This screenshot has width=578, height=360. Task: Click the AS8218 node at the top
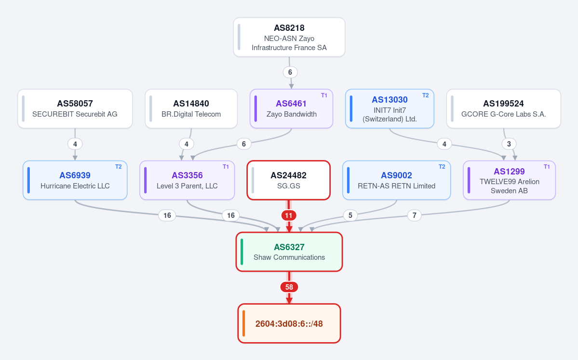pos(289,37)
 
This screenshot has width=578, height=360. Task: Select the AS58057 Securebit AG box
pos(75,109)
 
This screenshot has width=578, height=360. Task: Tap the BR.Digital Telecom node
pos(191,109)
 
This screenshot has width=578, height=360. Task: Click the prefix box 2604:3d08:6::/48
pos(289,323)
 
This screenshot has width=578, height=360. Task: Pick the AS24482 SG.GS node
pos(289,180)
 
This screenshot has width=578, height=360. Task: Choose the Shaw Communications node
pos(289,252)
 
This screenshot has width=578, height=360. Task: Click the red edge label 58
pos(289,287)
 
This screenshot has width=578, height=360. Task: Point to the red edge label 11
pos(289,215)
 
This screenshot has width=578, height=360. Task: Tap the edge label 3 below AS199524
pos(509,144)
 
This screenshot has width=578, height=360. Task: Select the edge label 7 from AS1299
pos(414,215)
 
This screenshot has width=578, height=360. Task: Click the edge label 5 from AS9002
pos(350,215)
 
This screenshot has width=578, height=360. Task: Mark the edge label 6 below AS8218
pos(290,72)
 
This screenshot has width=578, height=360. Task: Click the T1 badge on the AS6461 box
pos(324,95)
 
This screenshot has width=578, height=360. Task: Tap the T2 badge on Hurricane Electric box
pos(118,167)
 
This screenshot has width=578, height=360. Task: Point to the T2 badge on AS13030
pos(425,95)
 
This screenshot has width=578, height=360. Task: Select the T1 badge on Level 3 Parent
pos(226,167)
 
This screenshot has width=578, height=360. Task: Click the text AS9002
pos(397,175)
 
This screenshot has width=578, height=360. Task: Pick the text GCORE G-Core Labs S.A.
pos(504,114)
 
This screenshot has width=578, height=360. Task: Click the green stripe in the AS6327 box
pos(242,252)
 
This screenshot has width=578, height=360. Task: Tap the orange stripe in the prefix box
pos(243,323)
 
